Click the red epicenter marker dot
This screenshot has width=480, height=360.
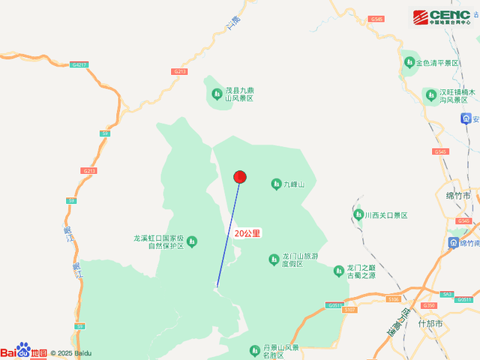coord(240,177)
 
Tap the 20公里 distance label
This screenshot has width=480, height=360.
coord(247,233)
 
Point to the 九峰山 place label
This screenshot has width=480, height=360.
coord(294,184)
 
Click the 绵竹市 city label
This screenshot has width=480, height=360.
coord(457,196)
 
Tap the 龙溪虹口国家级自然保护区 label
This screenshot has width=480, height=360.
coord(158,241)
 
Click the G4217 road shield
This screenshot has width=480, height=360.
coord(79,65)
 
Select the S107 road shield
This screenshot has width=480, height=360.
coord(350,309)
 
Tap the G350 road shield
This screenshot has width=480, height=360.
coord(429,305)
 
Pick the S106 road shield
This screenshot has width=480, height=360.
coord(394,299)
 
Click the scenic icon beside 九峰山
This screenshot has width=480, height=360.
coord(276,184)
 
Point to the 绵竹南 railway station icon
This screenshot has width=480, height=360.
coord(454,243)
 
